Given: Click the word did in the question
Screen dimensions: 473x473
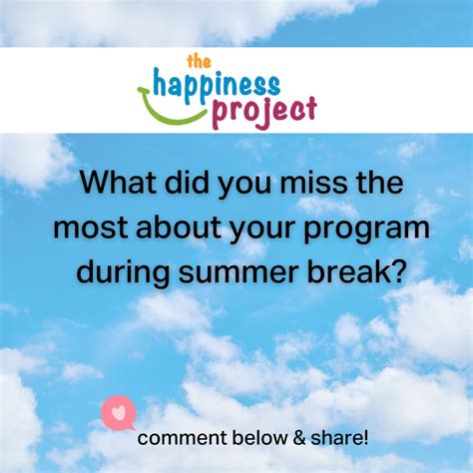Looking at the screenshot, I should pos(188,186).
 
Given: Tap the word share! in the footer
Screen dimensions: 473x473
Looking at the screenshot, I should pos(337,437).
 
